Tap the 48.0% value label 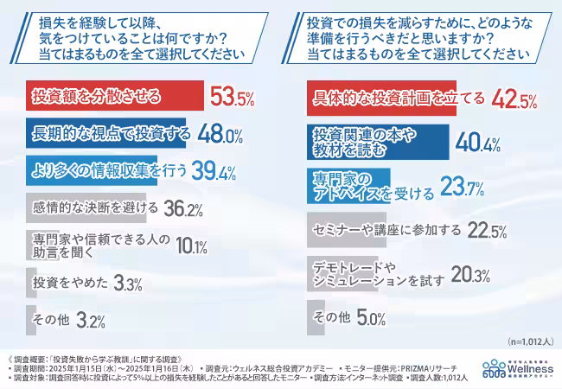pyautogui.click(x=220, y=135)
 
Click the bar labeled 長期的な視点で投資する pyautogui.click(x=104, y=134)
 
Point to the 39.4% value pyautogui.click(x=213, y=172)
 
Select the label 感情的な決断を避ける pyautogui.click(x=95, y=208)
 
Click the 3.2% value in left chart pyautogui.click(x=91, y=321)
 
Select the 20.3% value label pyautogui.click(x=470, y=276)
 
